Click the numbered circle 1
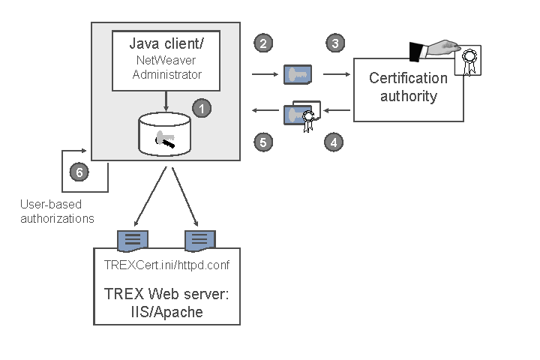click(201, 108)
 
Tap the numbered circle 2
click(262, 43)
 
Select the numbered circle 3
click(334, 43)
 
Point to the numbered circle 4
click(334, 141)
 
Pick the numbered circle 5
click(262, 141)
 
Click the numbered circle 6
click(79, 172)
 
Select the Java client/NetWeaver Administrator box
click(166, 59)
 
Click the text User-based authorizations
click(57, 211)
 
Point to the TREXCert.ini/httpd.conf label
click(166, 265)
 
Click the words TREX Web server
click(166, 295)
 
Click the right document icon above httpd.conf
click(199, 240)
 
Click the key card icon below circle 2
click(298, 74)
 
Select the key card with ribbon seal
click(301, 115)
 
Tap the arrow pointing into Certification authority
click(338, 74)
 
